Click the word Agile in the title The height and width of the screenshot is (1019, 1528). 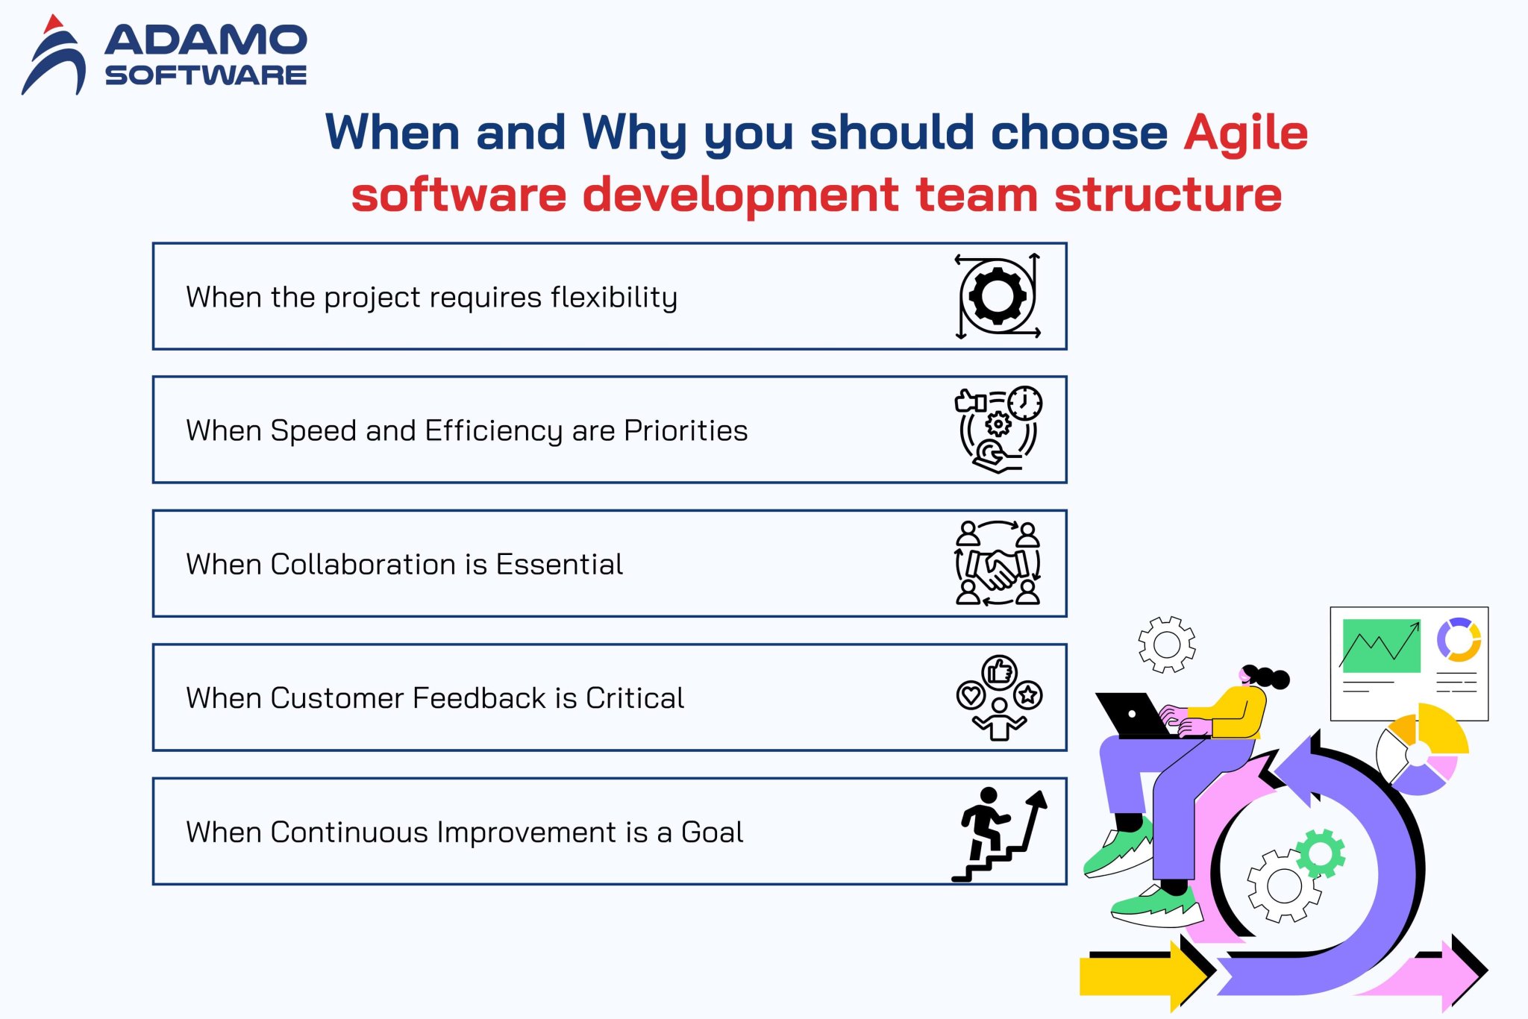(1245, 134)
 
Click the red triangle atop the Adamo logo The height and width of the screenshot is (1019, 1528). (52, 24)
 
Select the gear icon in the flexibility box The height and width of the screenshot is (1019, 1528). (998, 296)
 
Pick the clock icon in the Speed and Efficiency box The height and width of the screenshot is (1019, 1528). (1025, 404)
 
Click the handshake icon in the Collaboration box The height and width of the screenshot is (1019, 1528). (998, 569)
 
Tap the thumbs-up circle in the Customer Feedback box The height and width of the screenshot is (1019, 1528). (999, 672)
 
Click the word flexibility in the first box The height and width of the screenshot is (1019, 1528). (614, 297)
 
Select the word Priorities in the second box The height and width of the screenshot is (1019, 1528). (686, 430)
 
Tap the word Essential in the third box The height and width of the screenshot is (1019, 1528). (560, 564)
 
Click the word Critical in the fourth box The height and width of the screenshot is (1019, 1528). (635, 698)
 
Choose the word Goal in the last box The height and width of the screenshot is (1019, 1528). (712, 832)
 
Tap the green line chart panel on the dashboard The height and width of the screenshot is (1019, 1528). (1381, 645)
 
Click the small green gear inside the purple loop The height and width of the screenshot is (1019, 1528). (1321, 853)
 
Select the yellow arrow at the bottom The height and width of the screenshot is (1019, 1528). (1142, 975)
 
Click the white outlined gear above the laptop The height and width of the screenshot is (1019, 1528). (1167, 645)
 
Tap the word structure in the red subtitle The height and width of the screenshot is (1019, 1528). (1168, 195)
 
